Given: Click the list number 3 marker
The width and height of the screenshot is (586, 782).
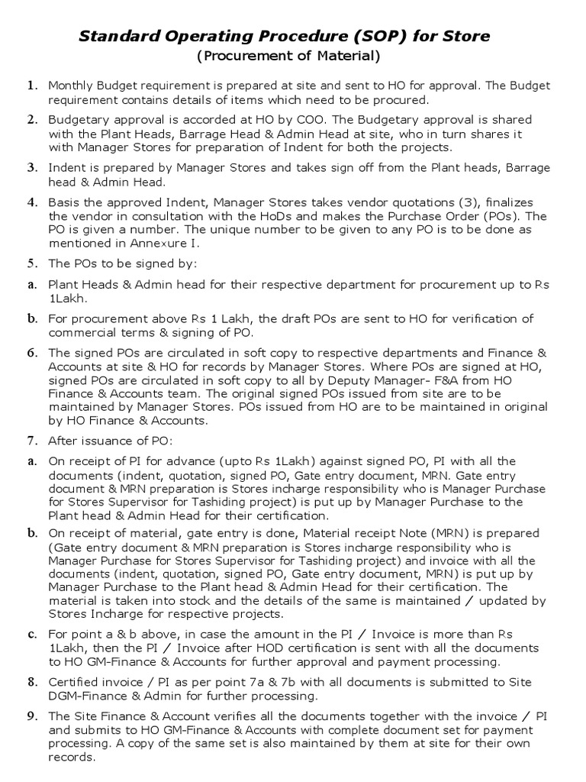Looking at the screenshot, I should tap(33, 167).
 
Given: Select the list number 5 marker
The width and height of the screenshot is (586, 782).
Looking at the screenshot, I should tap(33, 263).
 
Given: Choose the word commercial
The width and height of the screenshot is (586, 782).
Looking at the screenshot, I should tap(81, 333).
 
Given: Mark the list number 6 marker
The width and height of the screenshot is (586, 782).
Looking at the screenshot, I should tap(33, 353).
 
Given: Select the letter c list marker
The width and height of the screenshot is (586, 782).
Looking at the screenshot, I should tap(33, 634).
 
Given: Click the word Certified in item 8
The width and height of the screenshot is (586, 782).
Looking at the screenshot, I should tap(73, 682).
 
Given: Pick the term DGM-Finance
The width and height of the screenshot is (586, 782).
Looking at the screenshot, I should tap(84, 695).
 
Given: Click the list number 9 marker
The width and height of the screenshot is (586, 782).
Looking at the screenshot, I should tap(33, 716).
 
